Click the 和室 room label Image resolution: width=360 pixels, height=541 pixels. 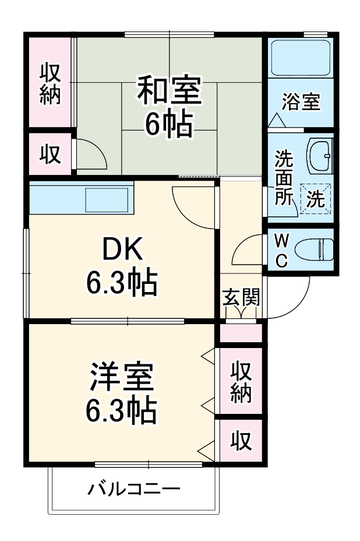169,92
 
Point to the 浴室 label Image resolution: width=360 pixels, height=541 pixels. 301,102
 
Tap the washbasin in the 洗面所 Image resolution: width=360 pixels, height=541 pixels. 319,156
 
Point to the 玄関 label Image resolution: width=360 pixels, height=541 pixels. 241,298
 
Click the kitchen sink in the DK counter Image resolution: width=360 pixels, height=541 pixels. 107,199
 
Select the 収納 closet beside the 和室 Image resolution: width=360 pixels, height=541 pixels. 50,83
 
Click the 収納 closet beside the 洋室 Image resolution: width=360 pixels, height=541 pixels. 240,382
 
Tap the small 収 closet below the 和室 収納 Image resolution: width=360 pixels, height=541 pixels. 50,154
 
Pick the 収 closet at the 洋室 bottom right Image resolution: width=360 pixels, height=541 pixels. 240,441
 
